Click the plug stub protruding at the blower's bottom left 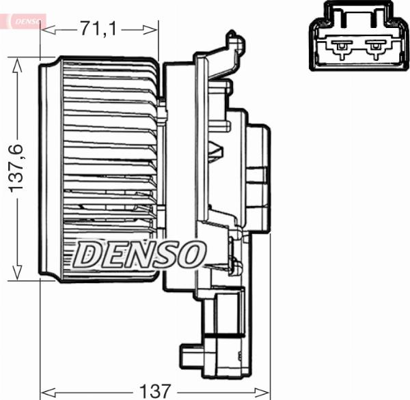point(189,356)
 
